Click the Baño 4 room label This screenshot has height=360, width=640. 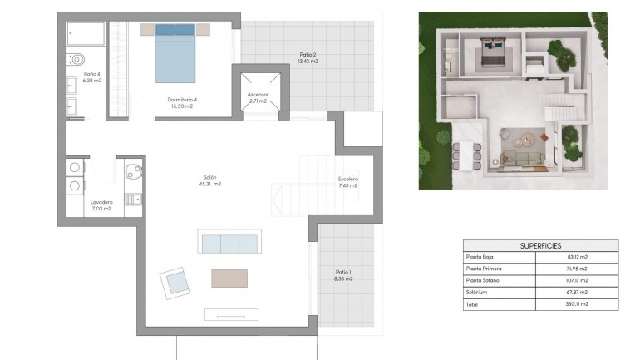click(x=91, y=77)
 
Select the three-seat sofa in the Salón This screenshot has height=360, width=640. click(x=229, y=243)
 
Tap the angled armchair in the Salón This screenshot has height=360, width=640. click(x=176, y=283)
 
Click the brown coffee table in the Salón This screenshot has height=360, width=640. click(x=229, y=278)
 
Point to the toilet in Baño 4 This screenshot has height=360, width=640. click(x=76, y=59)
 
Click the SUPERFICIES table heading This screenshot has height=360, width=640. click(x=540, y=246)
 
